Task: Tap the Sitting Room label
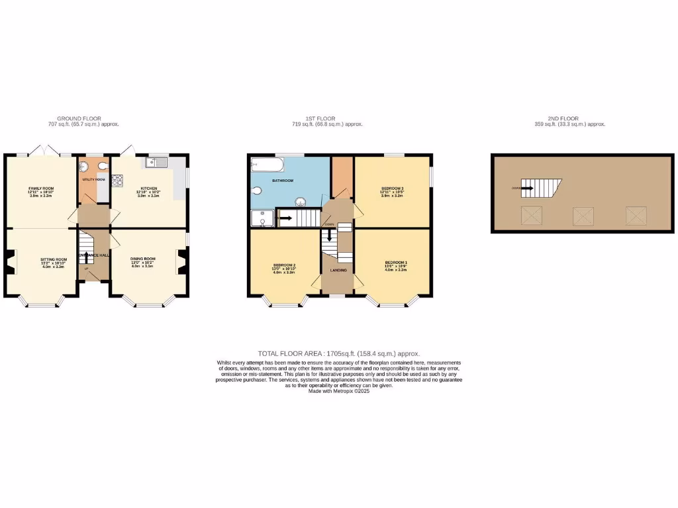pyautogui.click(x=54, y=259)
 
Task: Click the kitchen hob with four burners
pyautogui.click(x=118, y=179)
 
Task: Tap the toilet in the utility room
pyautogui.click(x=86, y=167)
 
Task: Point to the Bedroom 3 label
pyautogui.click(x=393, y=189)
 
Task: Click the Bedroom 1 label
pyautogui.click(x=396, y=263)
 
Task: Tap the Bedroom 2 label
pyautogui.click(x=284, y=266)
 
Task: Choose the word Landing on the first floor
pyautogui.click(x=338, y=270)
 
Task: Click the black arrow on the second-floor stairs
pyautogui.click(x=528, y=189)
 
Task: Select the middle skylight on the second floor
pyautogui.click(x=583, y=216)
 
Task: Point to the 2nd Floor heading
pyautogui.click(x=571, y=118)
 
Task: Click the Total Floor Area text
pyautogui.click(x=338, y=354)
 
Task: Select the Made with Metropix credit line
pyautogui.click(x=338, y=391)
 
